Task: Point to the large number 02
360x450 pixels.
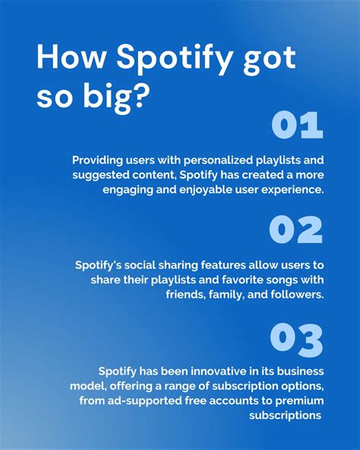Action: [x=295, y=230]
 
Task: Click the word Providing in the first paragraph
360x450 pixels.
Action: [x=99, y=160]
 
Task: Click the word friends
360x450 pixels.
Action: [x=187, y=294]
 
